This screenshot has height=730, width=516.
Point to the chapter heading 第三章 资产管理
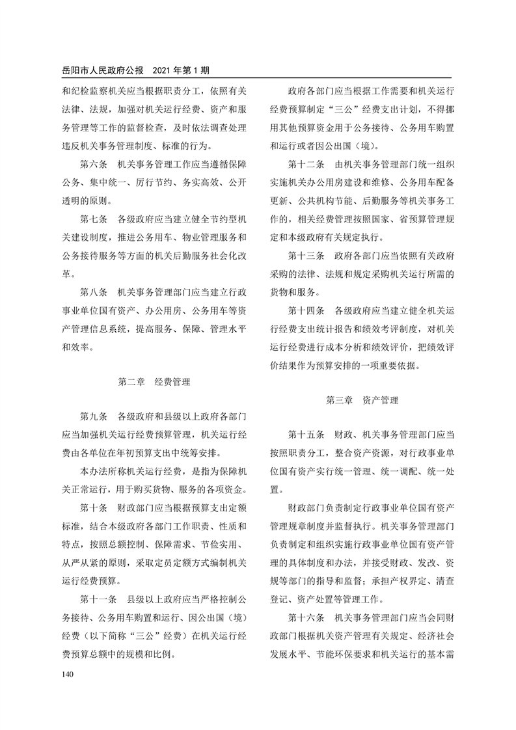[362, 400]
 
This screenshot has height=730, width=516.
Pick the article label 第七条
[94, 219]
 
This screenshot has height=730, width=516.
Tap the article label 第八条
[94, 292]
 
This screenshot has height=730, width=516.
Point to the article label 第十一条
[99, 599]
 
